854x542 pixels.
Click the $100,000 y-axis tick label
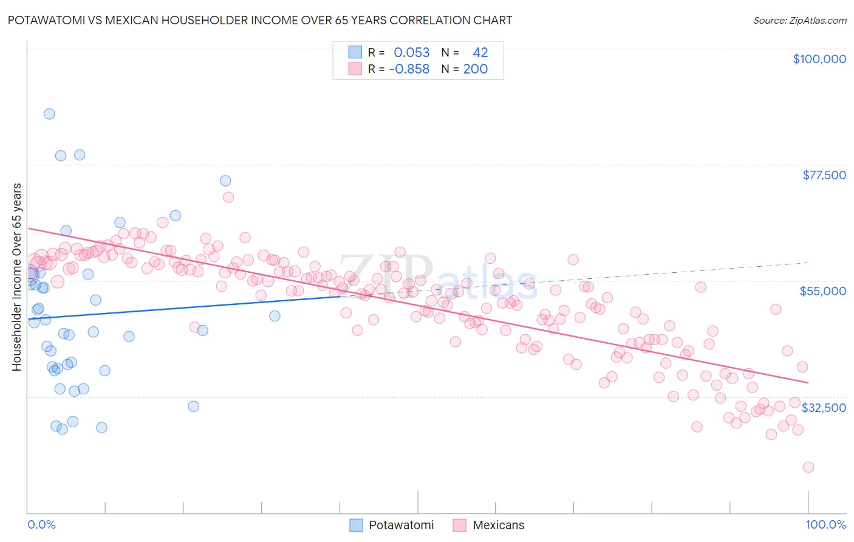pyautogui.click(x=819, y=59)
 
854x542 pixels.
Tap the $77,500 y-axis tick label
pyautogui.click(x=824, y=175)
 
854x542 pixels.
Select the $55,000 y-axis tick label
pyautogui.click(x=822, y=291)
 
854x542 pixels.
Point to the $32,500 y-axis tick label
pyautogui.click(x=824, y=408)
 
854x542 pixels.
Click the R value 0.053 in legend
pyautogui.click(x=411, y=52)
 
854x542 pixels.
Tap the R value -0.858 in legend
pyautogui.click(x=409, y=69)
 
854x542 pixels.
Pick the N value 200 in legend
pyautogui.click(x=475, y=69)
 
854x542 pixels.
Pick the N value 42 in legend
pyautogui.click(x=480, y=52)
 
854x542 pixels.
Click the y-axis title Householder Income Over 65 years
pyautogui.click(x=17, y=277)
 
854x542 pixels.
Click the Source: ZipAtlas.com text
pyautogui.click(x=799, y=20)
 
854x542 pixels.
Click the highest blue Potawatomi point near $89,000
pyautogui.click(x=49, y=114)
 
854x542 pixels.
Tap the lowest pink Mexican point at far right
pyautogui.click(x=808, y=467)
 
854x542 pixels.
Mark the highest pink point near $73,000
pyautogui.click(x=228, y=197)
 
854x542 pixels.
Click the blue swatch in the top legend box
pyautogui.click(x=355, y=52)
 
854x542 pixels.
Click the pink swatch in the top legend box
pyautogui.click(x=355, y=69)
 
